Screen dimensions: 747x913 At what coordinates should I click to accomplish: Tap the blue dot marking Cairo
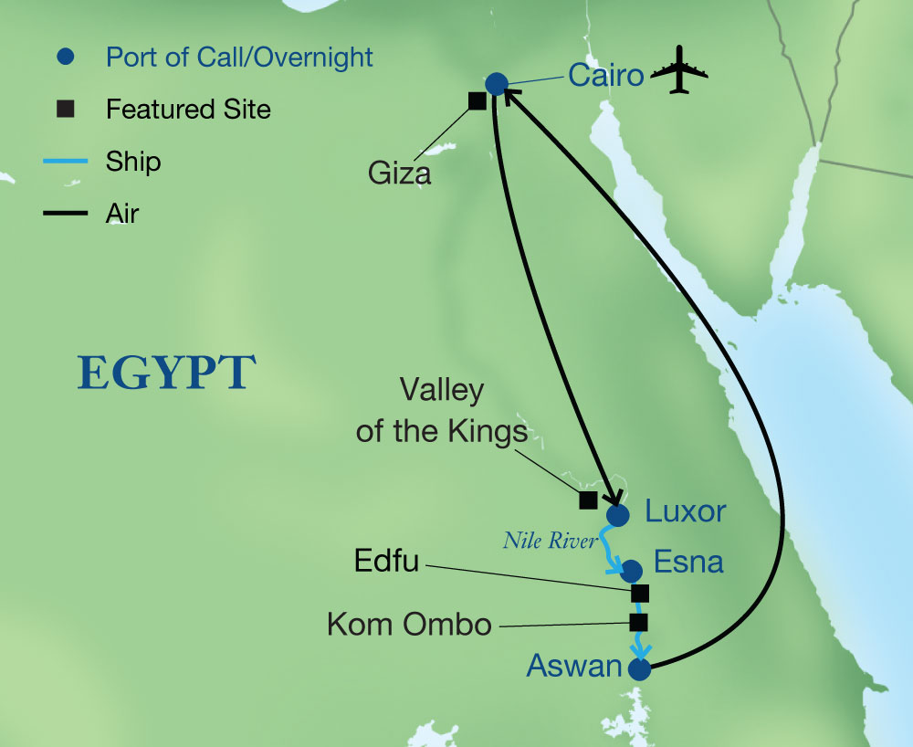pyautogui.click(x=496, y=84)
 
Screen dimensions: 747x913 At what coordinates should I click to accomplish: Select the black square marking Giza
pyautogui.click(x=477, y=100)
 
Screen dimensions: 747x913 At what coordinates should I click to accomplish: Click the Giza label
pyautogui.click(x=400, y=173)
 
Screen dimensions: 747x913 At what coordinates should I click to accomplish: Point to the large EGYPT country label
pyautogui.click(x=166, y=373)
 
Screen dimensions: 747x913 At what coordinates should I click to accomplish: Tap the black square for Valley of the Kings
pyautogui.click(x=589, y=500)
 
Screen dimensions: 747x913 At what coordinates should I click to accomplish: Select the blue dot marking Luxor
pyautogui.click(x=618, y=515)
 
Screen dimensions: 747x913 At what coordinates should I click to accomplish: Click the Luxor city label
pyautogui.click(x=686, y=511)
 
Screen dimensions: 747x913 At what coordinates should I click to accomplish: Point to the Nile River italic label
pyautogui.click(x=550, y=542)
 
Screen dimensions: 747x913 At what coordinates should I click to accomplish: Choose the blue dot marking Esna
pyautogui.click(x=631, y=572)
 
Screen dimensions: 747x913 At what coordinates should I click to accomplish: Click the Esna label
pyautogui.click(x=689, y=562)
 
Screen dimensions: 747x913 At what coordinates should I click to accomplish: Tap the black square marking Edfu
pyautogui.click(x=640, y=593)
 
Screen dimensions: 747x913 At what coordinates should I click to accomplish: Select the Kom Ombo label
pyautogui.click(x=409, y=626)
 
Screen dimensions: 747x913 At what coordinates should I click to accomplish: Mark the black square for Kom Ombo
pyautogui.click(x=639, y=623)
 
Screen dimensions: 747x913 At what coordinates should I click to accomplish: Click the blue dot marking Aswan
pyautogui.click(x=639, y=670)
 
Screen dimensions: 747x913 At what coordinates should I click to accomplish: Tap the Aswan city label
pyautogui.click(x=574, y=666)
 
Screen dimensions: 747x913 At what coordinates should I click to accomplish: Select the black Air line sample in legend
pyautogui.click(x=66, y=215)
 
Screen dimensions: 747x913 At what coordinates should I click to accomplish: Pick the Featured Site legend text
pyautogui.click(x=188, y=110)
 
